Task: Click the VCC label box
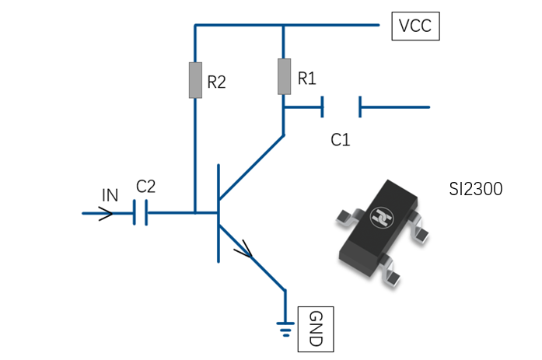pyautogui.click(x=415, y=26)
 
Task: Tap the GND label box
pyautogui.click(x=316, y=329)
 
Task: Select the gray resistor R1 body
pyautogui.click(x=284, y=76)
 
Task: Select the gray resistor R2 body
pyautogui.click(x=195, y=80)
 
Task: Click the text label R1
pyautogui.click(x=307, y=79)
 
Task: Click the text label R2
pyautogui.click(x=216, y=82)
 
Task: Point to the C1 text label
pyautogui.click(x=341, y=140)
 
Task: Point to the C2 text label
pyautogui.click(x=146, y=187)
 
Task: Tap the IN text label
pyautogui.click(x=110, y=195)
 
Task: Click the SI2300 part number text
pyautogui.click(x=476, y=189)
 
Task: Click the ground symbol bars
pyautogui.click(x=285, y=329)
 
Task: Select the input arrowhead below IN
pyautogui.click(x=106, y=214)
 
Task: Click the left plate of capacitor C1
pyautogui.click(x=322, y=107)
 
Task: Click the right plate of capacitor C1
pyautogui.click(x=360, y=107)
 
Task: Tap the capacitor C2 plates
pyautogui.click(x=140, y=213)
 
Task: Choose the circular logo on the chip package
pyautogui.click(x=382, y=218)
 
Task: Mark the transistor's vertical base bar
pyautogui.click(x=219, y=214)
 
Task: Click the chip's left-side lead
pyautogui.click(x=347, y=218)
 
